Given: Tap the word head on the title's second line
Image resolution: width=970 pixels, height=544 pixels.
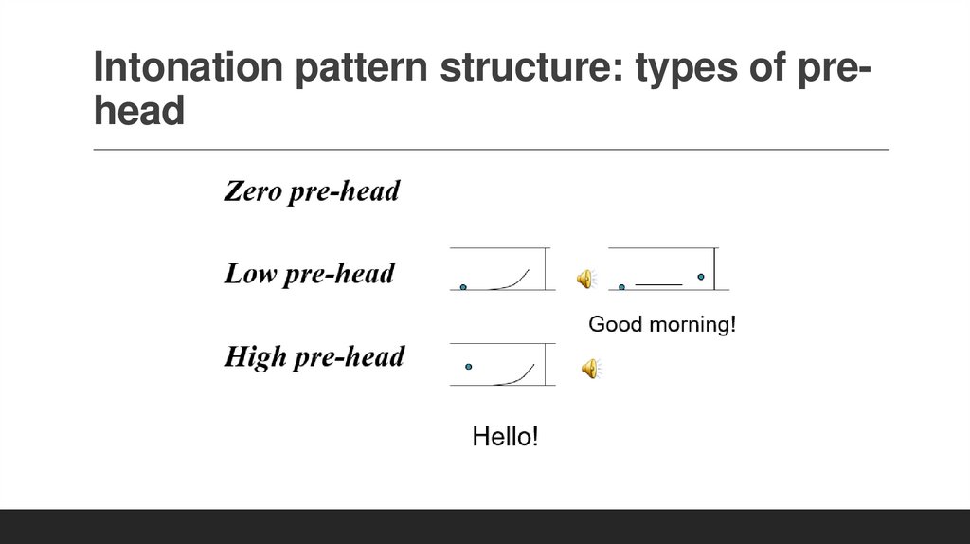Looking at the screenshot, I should (139, 112).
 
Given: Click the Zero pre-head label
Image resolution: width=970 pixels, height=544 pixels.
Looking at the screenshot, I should (312, 191).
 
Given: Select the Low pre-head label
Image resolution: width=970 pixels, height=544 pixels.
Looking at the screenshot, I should (309, 274).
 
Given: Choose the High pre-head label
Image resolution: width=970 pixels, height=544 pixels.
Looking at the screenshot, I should (314, 356).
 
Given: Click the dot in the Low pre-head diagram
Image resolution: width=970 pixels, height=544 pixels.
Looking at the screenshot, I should (463, 286).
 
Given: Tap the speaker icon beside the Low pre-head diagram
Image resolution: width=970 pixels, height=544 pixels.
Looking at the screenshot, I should (585, 278).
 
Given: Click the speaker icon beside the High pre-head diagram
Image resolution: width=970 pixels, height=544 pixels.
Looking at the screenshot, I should (589, 368).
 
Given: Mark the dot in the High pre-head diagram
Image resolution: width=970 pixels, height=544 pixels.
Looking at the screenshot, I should (468, 366).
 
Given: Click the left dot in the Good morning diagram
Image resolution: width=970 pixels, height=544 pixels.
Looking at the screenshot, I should (621, 286).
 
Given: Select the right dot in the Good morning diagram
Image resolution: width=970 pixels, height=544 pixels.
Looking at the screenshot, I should (701, 277).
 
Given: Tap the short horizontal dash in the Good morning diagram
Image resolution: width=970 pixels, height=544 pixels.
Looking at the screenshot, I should (659, 284).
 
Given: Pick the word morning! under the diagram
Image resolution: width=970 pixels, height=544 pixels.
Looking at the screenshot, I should (692, 325).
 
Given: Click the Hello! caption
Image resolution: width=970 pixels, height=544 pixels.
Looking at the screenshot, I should (505, 437).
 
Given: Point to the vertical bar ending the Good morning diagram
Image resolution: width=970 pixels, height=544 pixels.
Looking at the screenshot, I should (715, 269).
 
